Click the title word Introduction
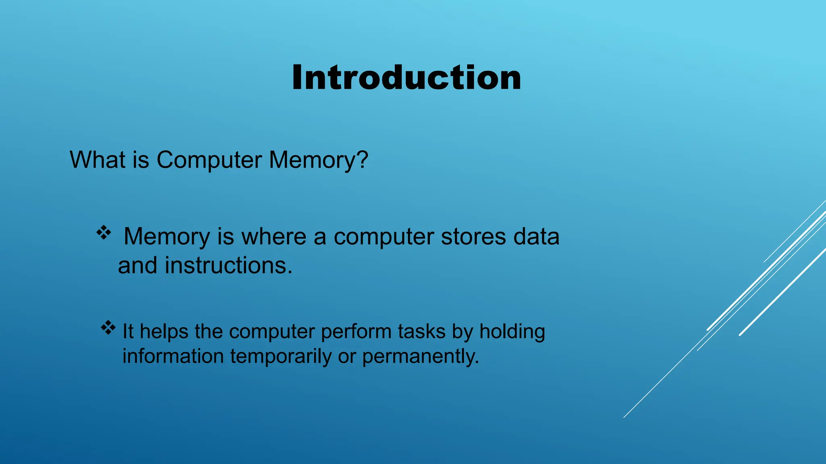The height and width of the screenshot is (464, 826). (407, 77)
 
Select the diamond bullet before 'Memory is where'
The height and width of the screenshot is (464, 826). (104, 233)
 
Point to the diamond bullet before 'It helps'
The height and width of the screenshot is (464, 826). (108, 328)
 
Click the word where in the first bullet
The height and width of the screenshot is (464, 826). (274, 236)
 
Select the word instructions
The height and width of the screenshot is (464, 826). (228, 266)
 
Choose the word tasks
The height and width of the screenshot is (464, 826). (421, 331)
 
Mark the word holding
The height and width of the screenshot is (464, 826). (512, 332)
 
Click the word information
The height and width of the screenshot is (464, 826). (173, 356)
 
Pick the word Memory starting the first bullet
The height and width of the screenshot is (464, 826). (167, 237)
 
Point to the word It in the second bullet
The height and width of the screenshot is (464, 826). (128, 331)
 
